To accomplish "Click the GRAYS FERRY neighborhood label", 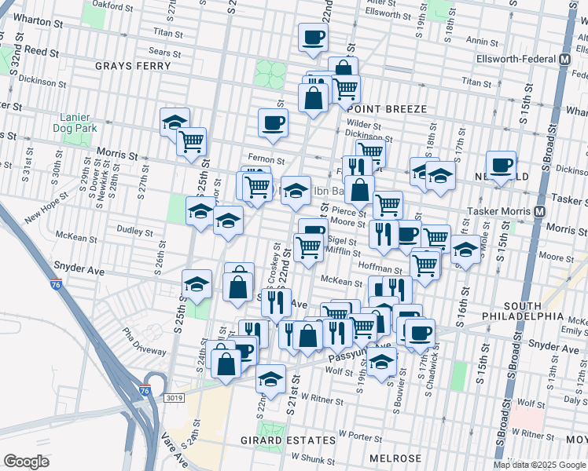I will (133, 66).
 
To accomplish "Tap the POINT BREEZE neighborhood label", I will (387, 109).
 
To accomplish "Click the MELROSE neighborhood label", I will (395, 458).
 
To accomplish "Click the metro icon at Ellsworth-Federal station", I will (564, 59).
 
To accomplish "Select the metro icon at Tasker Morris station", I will (540, 212).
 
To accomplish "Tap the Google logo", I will (26, 461).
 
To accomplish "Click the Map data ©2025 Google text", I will (539, 465).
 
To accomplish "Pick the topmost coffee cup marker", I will (313, 37).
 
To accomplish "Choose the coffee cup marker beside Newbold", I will (501, 164).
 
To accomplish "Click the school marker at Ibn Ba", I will (296, 190).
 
